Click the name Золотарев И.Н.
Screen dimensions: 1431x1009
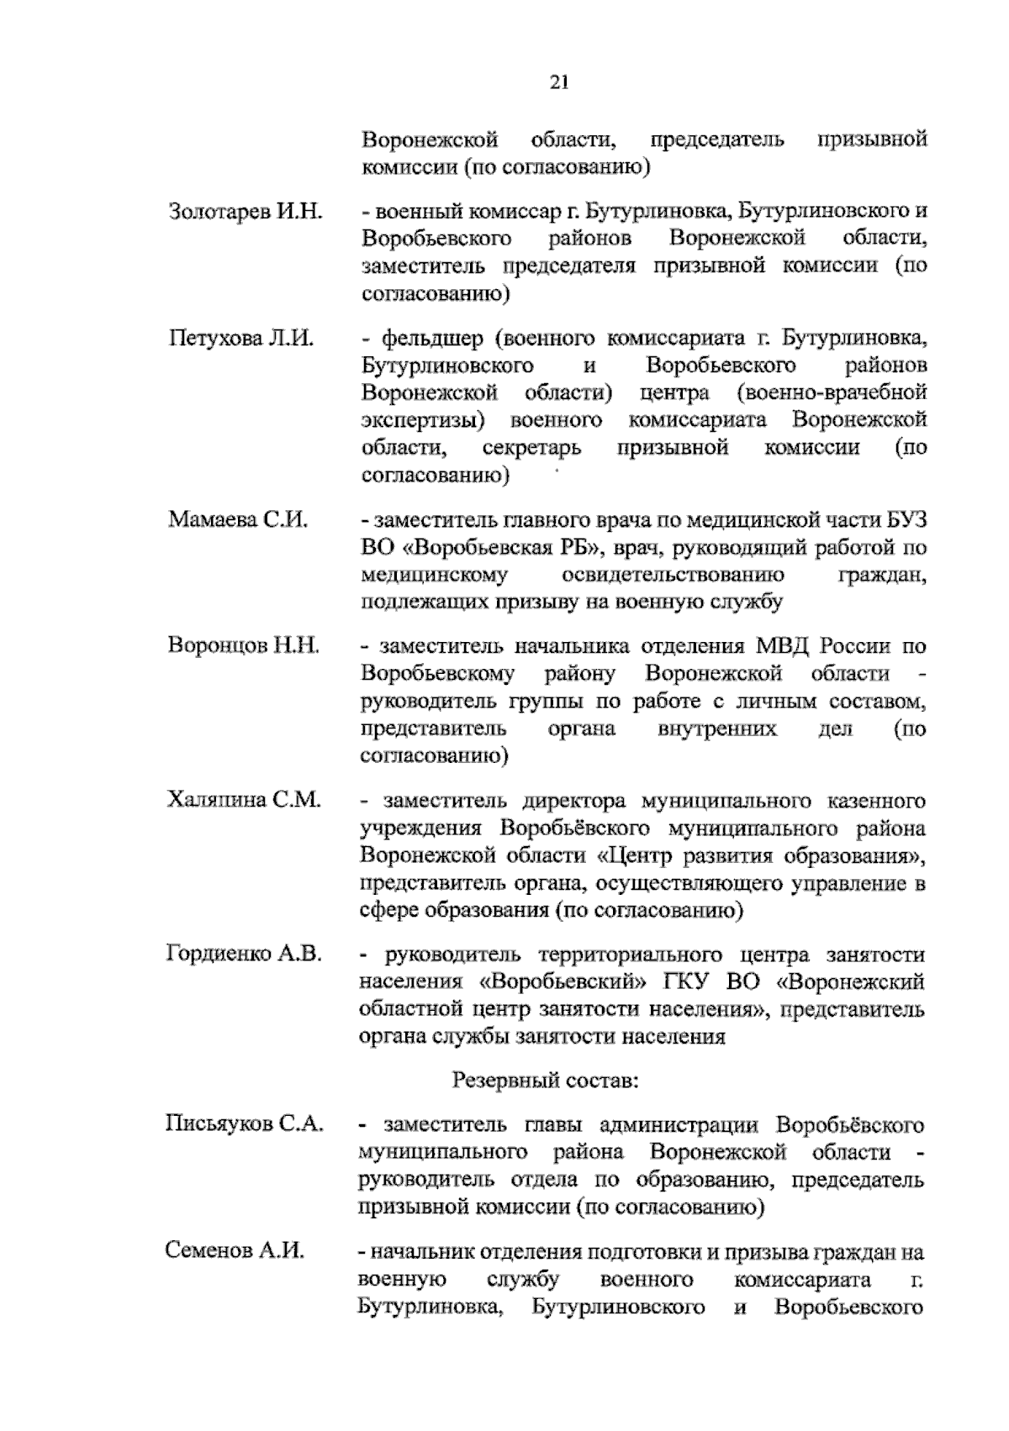pos(246,211)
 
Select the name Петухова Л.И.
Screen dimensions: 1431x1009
pos(241,339)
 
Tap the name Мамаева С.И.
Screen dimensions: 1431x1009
pos(238,519)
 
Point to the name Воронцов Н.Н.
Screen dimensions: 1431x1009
pos(244,646)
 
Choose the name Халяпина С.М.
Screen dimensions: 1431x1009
pos(244,799)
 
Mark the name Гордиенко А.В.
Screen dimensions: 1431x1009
pos(245,954)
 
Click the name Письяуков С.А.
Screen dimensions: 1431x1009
pos(244,1124)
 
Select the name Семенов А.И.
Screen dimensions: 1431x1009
pos(235,1251)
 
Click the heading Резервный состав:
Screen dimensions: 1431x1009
pos(546,1080)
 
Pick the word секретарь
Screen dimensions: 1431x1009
pos(531,447)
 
